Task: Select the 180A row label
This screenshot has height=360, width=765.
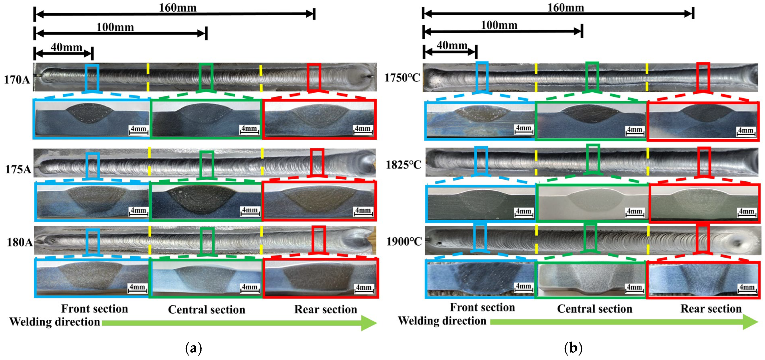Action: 20,242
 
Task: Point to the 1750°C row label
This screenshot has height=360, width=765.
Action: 402,78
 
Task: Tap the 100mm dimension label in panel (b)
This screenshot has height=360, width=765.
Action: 499,25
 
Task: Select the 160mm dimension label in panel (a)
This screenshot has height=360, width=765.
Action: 178,8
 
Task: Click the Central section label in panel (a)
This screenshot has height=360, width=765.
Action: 207,310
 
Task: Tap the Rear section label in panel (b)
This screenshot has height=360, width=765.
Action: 711,309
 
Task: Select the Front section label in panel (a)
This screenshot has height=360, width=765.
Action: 94,309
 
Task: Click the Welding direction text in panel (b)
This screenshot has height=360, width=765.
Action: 442,321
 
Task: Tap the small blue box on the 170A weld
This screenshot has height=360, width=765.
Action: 92,78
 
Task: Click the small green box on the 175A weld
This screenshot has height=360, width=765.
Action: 206,165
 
